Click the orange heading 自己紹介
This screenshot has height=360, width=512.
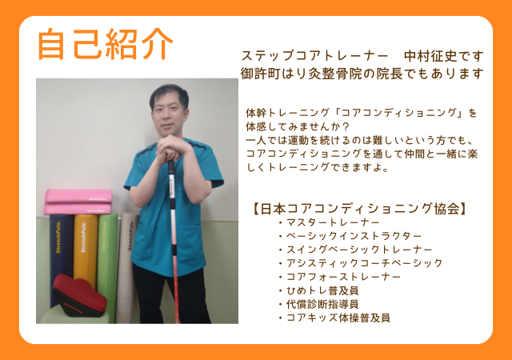click(106, 45)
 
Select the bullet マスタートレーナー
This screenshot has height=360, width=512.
click(333, 222)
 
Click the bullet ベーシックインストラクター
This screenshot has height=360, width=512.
click(354, 236)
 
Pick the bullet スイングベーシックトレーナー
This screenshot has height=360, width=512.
click(359, 250)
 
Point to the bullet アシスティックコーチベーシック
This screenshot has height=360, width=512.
click(365, 263)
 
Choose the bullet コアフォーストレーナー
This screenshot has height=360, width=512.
click(343, 277)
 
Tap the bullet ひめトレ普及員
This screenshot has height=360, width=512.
click(322, 290)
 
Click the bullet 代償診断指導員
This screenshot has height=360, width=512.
click(322, 304)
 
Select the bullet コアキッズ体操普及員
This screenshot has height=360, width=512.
click(338, 318)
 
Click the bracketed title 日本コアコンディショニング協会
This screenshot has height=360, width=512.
click(359, 209)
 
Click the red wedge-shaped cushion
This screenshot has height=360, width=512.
click(79, 296)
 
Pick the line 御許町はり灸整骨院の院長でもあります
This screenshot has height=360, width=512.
click(362, 74)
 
